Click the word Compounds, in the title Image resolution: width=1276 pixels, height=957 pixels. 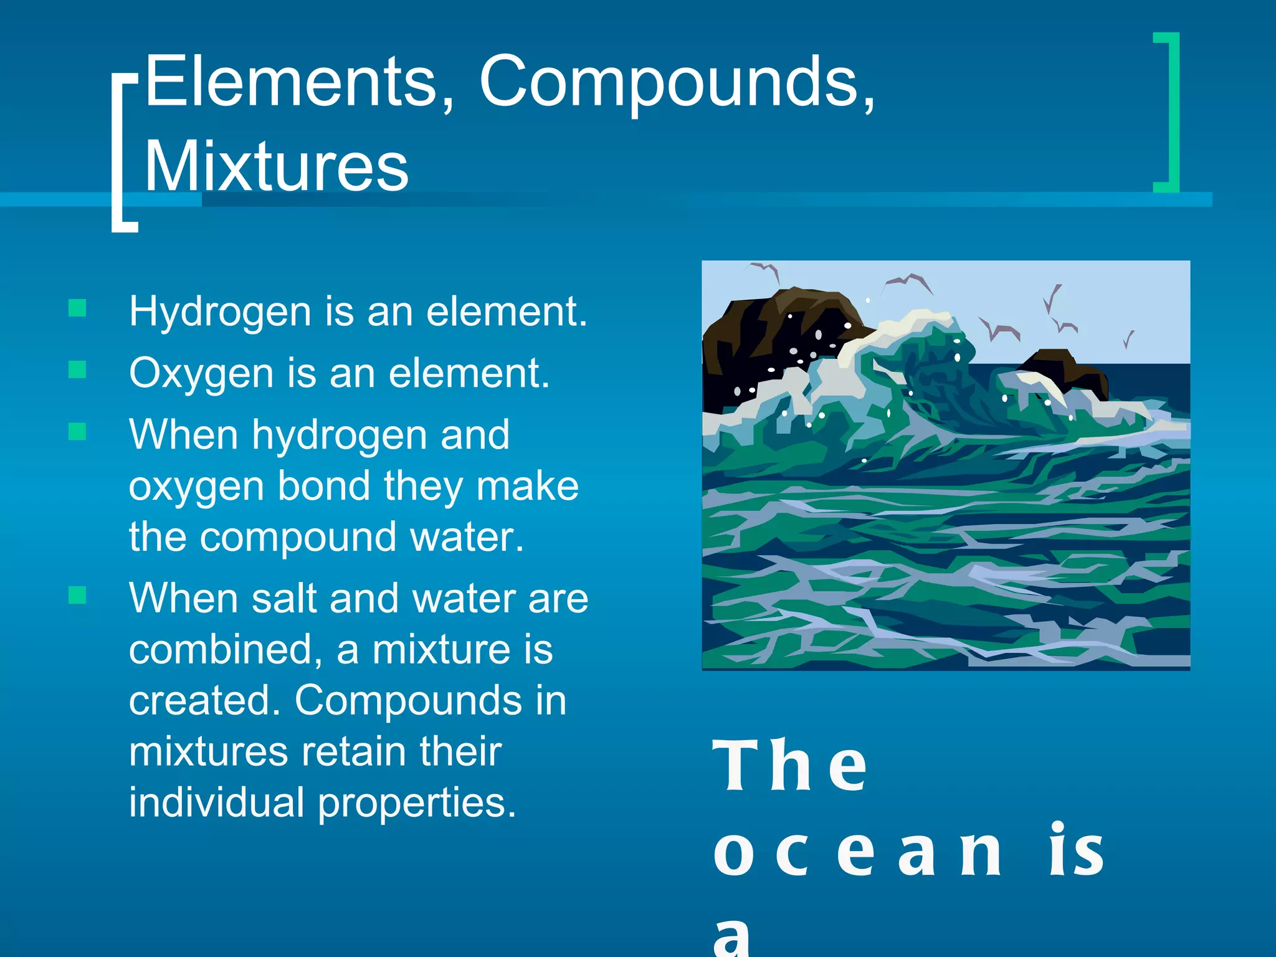pos(676,84)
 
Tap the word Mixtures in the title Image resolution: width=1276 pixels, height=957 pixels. pos(277,166)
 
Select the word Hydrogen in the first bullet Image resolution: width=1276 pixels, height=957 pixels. pos(219,312)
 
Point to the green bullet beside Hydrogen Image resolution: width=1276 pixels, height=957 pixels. pos(77,308)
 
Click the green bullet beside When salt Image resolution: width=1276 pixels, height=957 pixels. pos(77,595)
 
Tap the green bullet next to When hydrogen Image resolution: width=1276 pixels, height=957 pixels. pos(77,431)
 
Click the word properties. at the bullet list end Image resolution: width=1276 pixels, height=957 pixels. pos(417,804)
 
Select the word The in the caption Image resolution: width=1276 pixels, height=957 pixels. pos(789,766)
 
